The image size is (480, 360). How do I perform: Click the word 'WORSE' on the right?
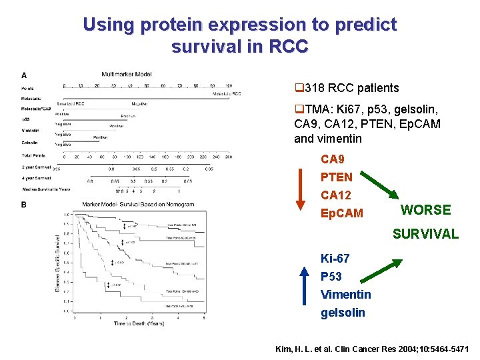(425, 210)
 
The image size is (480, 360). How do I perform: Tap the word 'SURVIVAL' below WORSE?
(425, 233)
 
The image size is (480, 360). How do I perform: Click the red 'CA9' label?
(333, 159)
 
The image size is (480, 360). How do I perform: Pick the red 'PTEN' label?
(337, 177)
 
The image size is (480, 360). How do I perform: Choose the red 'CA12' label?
(336, 195)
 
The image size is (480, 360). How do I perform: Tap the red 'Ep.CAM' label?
(342, 213)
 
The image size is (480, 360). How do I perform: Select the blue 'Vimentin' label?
(345, 294)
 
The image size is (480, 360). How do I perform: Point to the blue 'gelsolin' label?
(343, 312)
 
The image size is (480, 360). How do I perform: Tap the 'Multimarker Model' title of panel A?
(127, 74)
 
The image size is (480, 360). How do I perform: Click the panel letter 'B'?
(24, 205)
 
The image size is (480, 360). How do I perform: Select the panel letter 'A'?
(24, 75)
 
